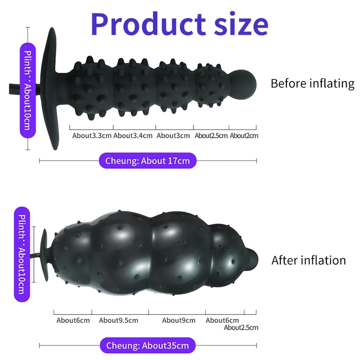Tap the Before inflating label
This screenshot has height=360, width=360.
coord(312,83)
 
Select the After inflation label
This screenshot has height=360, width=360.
coord(309,260)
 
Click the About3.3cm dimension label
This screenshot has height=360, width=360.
coord(92,135)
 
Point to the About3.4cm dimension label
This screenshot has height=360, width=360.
coord(133,135)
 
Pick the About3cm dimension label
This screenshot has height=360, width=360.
coord(173,135)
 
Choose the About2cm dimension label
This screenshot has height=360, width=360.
coord(244,135)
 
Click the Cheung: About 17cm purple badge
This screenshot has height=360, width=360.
coord(148,160)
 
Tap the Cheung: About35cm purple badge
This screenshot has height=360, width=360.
coord(148,346)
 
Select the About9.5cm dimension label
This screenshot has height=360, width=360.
coord(118,320)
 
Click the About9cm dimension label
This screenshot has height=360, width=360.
coord(179,320)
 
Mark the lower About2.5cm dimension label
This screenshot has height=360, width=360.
coord(241,328)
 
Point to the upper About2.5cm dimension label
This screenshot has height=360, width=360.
coord(211,135)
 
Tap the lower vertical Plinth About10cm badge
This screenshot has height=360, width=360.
coord(23,254)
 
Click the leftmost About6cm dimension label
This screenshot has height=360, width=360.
coord(73,320)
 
